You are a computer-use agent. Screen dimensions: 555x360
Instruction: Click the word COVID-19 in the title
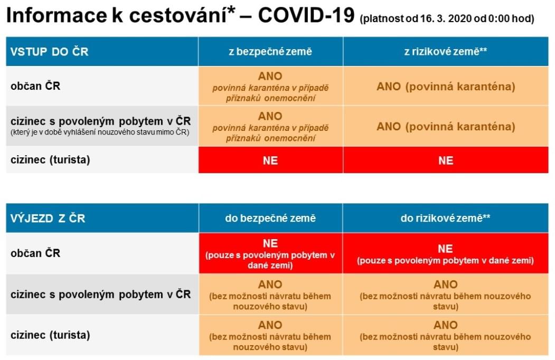tap(306, 15)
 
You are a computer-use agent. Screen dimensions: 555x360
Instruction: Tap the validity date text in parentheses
tap(447, 18)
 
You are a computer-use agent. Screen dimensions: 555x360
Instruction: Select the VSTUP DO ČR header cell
tap(102, 51)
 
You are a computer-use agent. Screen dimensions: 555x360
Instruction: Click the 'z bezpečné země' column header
tap(270, 51)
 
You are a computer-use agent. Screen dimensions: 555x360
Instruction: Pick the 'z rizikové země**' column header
tap(446, 51)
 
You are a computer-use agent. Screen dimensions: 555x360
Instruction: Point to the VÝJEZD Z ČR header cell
tap(102, 218)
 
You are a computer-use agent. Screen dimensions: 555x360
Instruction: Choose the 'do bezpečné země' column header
tap(270, 218)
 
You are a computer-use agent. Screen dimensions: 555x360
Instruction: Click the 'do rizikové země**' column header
tap(445, 218)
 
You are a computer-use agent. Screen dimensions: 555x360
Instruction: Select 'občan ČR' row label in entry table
tap(35, 86)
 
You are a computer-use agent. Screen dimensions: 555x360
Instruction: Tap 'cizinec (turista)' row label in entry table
tap(50, 159)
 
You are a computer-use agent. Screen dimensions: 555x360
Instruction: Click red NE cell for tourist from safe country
tap(270, 160)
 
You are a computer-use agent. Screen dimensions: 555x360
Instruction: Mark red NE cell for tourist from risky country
tap(446, 160)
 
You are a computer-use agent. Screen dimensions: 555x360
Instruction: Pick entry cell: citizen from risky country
tap(446, 86)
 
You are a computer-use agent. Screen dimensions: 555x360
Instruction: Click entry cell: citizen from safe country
tap(270, 86)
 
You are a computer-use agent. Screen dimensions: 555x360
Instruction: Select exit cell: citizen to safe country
tap(270, 253)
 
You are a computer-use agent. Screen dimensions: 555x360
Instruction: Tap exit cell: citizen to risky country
tap(445, 253)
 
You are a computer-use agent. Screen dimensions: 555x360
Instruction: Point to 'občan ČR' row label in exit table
tap(35, 253)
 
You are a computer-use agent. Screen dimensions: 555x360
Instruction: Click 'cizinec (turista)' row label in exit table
tap(50, 335)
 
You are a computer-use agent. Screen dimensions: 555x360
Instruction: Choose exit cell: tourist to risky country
tap(445, 335)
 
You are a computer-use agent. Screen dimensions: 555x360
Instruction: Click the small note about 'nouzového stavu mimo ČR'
tap(100, 132)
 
